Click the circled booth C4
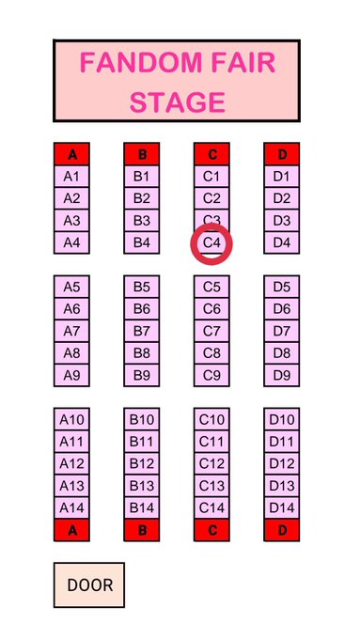(x=211, y=242)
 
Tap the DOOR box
(x=89, y=584)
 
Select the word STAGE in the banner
(x=178, y=102)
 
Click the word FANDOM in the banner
(x=141, y=62)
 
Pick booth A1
(x=71, y=177)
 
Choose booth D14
(x=282, y=507)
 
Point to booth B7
(x=142, y=331)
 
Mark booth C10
(x=211, y=419)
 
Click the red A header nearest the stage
(x=71, y=154)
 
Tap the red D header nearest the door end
(x=282, y=530)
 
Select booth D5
(x=282, y=287)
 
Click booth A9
(x=71, y=375)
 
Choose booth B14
(x=142, y=507)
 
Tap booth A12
(x=71, y=463)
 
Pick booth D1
(x=282, y=177)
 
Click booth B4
(x=142, y=242)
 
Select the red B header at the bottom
(x=142, y=530)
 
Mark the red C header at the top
(x=211, y=154)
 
